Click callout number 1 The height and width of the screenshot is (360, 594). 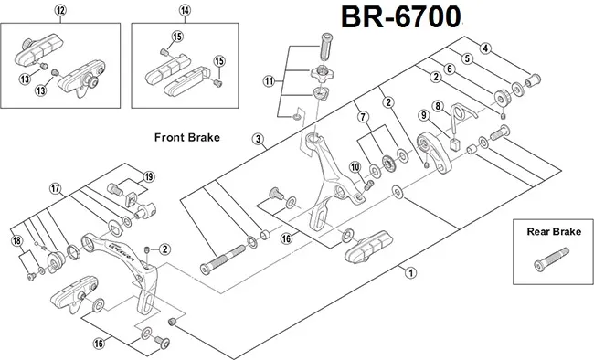pos(410,272)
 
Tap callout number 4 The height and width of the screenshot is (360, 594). pos(485,48)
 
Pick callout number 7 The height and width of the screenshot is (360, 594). pos(363,116)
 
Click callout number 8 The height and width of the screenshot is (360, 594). pos(438,106)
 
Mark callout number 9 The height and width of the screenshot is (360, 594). pos(423,115)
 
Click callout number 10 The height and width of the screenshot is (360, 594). pos(355,165)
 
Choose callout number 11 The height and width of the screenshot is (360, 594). pos(270,81)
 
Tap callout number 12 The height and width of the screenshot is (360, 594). pos(61,11)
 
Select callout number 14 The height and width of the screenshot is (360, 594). pos(185,11)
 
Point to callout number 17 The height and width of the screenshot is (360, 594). pos(57,188)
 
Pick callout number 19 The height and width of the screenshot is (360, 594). pos(148,176)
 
